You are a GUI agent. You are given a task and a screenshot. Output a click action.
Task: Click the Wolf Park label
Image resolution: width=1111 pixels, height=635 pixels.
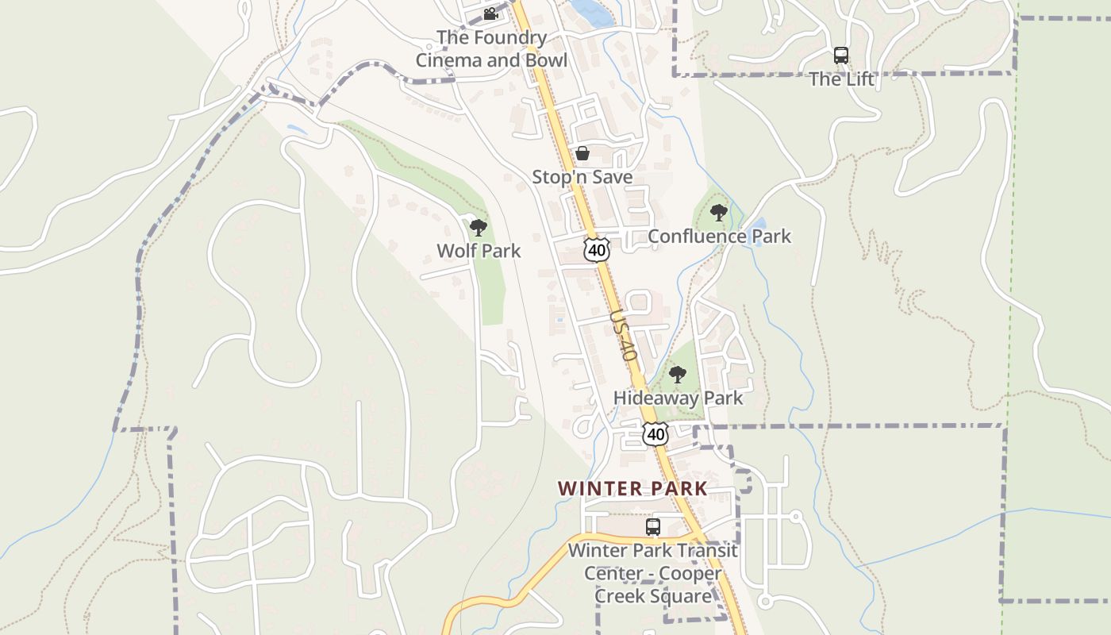(x=479, y=251)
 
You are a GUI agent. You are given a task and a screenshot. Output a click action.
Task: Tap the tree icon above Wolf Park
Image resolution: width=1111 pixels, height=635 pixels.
(x=478, y=229)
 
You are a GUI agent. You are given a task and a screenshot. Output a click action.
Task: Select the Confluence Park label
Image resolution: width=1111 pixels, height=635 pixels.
(x=719, y=236)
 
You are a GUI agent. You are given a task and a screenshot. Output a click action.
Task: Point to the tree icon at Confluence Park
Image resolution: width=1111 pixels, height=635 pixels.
(x=719, y=213)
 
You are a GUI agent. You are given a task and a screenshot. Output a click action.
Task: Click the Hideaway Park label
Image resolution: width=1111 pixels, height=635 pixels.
(x=678, y=398)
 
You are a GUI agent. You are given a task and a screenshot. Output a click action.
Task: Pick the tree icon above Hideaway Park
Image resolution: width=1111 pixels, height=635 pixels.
(x=677, y=375)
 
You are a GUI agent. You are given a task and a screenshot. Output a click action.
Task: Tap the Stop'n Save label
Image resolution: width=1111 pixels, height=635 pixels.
(x=582, y=177)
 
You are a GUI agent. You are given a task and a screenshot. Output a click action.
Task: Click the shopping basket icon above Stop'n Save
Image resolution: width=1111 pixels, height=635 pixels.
(x=582, y=153)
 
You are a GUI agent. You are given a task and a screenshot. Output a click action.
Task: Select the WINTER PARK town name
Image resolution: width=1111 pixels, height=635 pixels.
(x=632, y=488)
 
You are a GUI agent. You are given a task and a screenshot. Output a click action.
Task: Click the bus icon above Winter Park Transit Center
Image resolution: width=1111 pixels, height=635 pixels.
(x=653, y=527)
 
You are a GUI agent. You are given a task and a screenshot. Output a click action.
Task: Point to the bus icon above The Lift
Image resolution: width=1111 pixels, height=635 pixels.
(x=841, y=56)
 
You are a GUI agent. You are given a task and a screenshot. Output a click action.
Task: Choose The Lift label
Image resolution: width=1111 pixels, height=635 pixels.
(x=841, y=79)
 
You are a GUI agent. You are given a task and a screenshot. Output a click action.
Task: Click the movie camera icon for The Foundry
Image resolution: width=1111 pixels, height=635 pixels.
(x=490, y=14)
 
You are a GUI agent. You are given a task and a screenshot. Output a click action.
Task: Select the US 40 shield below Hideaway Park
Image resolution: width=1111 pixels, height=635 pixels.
(x=655, y=434)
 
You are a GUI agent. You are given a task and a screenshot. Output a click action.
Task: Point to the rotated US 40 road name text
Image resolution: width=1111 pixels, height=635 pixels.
(x=624, y=336)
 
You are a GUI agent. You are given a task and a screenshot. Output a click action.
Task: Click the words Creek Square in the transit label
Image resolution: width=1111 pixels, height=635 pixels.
(x=653, y=595)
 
